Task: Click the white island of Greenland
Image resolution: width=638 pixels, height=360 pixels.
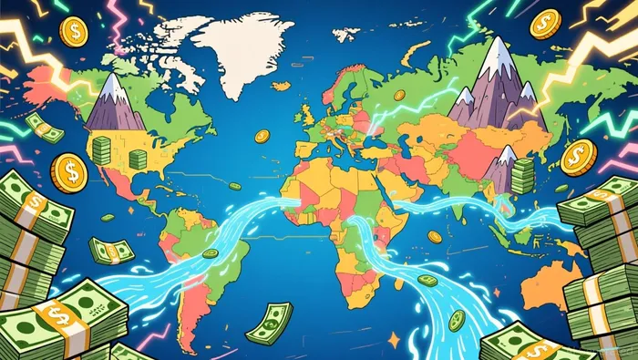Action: pos(239,50)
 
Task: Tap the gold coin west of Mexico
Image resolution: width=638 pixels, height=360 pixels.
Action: pos(68,170)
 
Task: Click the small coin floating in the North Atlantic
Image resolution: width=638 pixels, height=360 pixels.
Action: pos(262,136)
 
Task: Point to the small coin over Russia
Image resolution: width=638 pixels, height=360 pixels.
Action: pos(398,95)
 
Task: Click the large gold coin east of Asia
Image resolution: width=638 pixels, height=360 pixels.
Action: pos(578,157)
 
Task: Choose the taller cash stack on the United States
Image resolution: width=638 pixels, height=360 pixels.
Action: pos(100,150)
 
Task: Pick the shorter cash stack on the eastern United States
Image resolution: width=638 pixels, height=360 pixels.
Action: pos(138,159)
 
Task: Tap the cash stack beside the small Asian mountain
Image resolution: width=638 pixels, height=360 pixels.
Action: pos(522,176)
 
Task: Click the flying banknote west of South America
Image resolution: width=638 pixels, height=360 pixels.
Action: pos(111,249)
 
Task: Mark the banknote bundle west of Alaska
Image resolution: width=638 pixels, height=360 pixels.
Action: pos(43,127)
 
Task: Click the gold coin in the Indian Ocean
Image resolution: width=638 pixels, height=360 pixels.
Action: pos(435,237)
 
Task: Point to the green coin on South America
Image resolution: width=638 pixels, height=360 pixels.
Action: pos(210,253)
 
